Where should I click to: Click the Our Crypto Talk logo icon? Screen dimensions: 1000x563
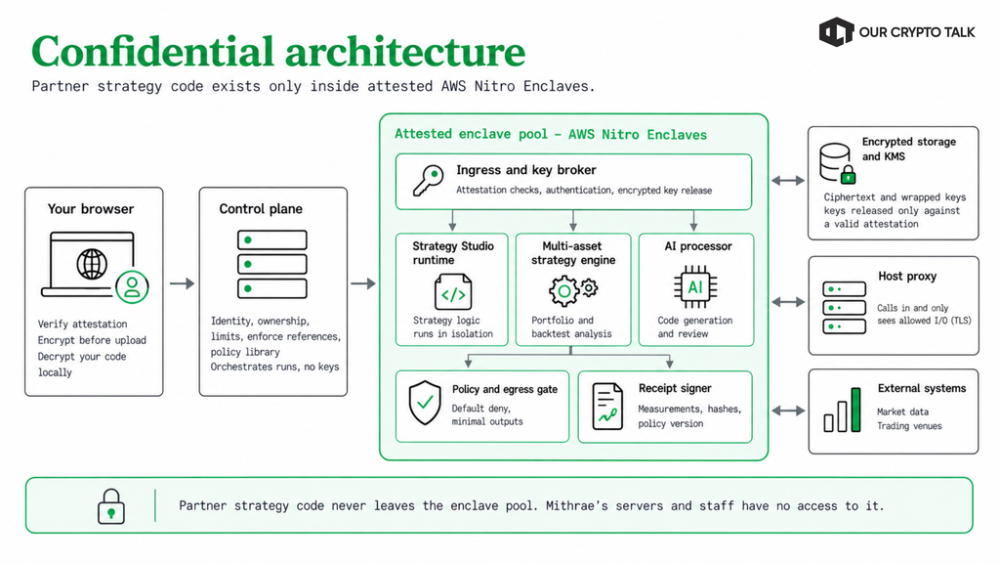836,32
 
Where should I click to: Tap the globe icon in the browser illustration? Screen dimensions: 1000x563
92,264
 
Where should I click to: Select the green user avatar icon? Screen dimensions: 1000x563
132,286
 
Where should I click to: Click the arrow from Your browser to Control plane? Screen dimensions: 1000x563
182,283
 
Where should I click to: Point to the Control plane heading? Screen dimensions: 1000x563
261,209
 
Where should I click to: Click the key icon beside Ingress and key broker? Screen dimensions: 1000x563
428,181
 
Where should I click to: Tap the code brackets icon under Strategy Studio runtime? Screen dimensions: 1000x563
453,292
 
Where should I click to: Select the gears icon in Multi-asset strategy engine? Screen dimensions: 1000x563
572,290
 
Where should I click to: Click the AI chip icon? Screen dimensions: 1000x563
695,287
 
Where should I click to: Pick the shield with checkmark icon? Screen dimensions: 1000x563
425,403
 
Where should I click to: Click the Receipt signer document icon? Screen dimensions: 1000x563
607,406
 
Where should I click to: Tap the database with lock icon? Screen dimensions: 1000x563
837,163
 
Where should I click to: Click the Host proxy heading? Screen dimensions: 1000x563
907,277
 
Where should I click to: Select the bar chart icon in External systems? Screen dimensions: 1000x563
842,410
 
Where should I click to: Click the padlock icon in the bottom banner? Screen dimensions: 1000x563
111,507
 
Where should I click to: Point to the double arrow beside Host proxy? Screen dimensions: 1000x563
788,302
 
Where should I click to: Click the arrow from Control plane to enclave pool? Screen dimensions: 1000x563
363,283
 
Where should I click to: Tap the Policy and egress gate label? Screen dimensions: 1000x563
505,389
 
